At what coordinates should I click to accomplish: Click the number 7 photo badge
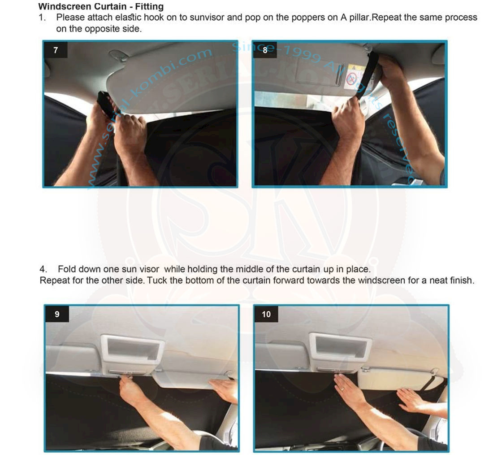pyautogui.click(x=56, y=50)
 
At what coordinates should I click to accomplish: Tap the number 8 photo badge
pyautogui.click(x=265, y=50)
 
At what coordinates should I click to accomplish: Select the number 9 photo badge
pyautogui.click(x=57, y=314)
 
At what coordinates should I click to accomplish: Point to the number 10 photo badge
pyautogui.click(x=266, y=314)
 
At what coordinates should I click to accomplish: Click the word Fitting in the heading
pyautogui.click(x=149, y=6)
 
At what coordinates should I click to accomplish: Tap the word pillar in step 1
pyautogui.click(x=359, y=17)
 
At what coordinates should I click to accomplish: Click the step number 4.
pyautogui.click(x=43, y=269)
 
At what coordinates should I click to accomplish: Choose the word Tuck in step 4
pyautogui.click(x=157, y=280)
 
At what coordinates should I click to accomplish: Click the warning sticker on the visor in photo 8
pyautogui.click(x=355, y=77)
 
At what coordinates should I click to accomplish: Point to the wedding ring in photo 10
pyautogui.click(x=342, y=389)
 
